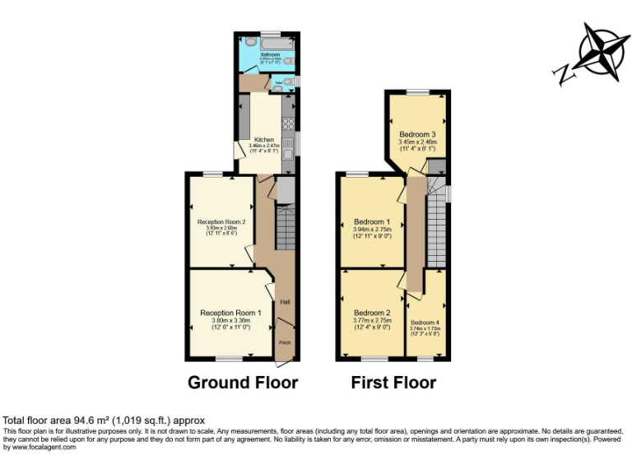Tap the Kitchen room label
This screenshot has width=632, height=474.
pos(264,139)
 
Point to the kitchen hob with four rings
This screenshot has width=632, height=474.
pos(289,124)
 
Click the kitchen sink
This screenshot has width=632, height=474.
pos(289,146)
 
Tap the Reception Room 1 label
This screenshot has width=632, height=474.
pos(230,313)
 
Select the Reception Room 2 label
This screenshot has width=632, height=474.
pos(221,221)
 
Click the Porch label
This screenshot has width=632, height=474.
pos(285,342)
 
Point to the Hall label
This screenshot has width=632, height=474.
pos(285,302)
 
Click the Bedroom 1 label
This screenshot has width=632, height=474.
pos(371,221)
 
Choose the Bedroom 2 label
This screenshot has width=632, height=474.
pos(371,313)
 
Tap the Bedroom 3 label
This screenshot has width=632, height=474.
pos(417,134)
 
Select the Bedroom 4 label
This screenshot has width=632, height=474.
pos(425,322)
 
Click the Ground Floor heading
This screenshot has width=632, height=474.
pos(243,383)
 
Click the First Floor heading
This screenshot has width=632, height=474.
pos(393,383)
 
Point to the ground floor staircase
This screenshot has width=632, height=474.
pos(285,227)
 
